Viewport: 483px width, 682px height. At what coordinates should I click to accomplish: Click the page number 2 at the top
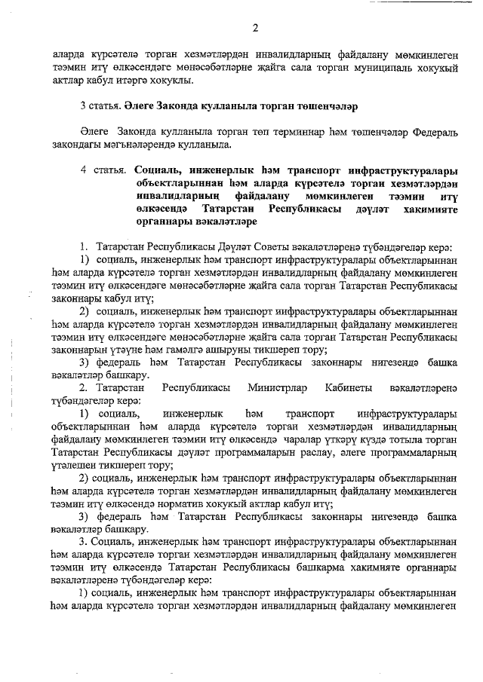click(x=255, y=29)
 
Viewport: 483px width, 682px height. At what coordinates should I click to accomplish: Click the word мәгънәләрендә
click(x=140, y=145)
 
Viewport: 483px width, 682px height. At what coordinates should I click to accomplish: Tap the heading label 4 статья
click(x=105, y=170)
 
